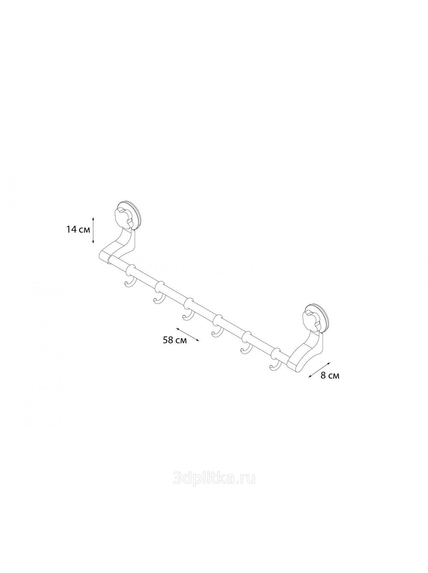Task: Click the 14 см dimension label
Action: tap(78, 230)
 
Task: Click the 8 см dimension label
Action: tap(330, 376)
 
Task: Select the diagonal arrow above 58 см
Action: tap(187, 334)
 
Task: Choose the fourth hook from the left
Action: tap(215, 331)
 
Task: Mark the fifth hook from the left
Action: tap(244, 349)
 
